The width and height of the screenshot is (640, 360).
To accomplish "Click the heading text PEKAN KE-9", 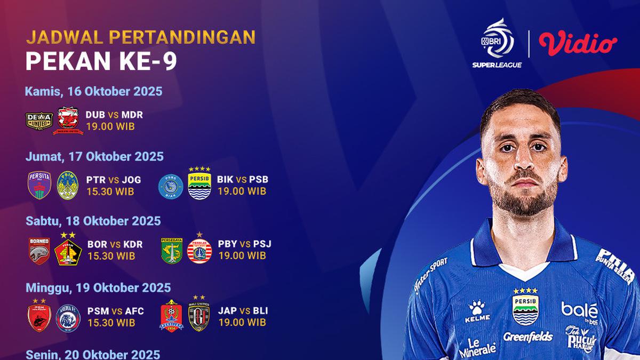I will tap(101, 62).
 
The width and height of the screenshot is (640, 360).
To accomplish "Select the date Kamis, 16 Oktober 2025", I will tap(93, 91).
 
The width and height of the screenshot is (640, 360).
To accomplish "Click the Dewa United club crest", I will tap(39, 121).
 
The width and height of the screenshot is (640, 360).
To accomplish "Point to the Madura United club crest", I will tap(68, 121).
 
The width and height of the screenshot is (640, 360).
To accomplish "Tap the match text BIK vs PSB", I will tap(243, 179).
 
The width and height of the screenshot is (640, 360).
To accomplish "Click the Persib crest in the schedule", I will tap(199, 184).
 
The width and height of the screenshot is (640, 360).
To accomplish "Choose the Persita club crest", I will tap(39, 185).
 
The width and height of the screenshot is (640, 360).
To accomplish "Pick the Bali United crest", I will tap(199, 316).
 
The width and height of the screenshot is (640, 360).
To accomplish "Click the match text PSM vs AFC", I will tap(112, 310).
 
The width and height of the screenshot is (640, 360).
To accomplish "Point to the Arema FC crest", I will tap(68, 316).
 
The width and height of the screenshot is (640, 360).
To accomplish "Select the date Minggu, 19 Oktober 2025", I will tap(98, 287).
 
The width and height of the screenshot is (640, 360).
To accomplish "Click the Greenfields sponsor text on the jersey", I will tap(528, 337).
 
